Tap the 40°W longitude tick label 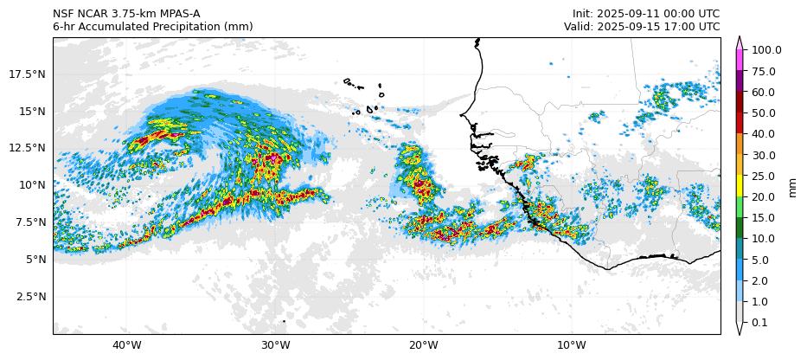point(127,346)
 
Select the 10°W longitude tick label point(572,346)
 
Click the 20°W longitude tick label point(424,346)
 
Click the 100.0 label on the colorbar point(766,50)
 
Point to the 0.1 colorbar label point(761,323)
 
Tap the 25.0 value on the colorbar point(764,177)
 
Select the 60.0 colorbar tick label point(764,92)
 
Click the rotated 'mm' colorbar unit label point(791,187)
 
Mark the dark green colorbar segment point(740,228)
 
